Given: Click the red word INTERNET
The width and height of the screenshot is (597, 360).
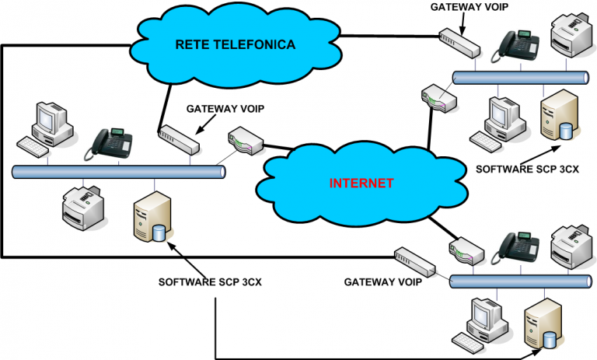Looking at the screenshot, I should tap(361, 184).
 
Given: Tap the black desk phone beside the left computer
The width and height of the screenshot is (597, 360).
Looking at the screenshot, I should tap(109, 142).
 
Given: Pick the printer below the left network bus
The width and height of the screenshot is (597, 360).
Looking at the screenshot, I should tap(84, 207).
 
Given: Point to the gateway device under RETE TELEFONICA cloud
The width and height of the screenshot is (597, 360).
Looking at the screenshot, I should tap(179, 139).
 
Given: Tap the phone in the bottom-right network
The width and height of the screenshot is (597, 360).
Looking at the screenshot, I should tap(515, 247).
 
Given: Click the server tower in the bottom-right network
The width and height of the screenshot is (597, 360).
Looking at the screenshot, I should tap(542, 327).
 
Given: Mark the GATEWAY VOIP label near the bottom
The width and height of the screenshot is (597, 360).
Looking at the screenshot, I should tap(383, 281).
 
